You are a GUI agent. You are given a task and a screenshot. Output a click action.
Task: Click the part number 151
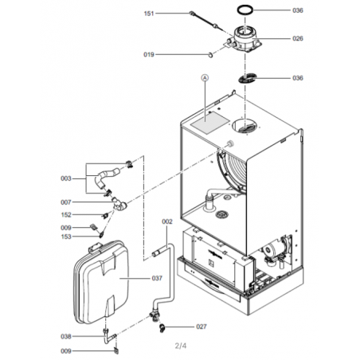[x=149, y=14]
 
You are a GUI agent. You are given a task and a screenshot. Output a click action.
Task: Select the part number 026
[x=298, y=38]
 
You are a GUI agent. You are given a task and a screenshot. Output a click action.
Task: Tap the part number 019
[x=149, y=54]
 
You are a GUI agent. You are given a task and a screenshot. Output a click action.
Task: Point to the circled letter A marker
[x=205, y=78]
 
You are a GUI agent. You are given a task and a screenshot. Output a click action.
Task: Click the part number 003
[x=66, y=178]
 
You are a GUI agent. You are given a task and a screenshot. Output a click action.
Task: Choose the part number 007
[x=66, y=202]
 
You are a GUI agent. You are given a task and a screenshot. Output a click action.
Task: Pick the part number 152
[x=66, y=214]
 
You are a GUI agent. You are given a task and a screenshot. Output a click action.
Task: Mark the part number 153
[x=66, y=237]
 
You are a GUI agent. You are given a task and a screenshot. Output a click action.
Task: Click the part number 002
[x=167, y=221]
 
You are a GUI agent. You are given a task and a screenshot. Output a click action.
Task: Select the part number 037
[x=157, y=278]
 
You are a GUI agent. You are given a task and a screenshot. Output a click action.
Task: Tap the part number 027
[x=202, y=327]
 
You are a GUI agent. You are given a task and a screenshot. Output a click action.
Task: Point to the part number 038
[x=66, y=336]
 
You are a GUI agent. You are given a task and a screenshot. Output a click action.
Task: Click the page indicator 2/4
[x=181, y=346]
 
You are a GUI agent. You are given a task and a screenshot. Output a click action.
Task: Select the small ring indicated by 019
[x=210, y=55]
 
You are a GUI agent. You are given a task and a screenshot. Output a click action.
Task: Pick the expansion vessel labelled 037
[x=101, y=283]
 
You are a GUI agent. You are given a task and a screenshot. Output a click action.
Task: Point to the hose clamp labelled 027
[x=162, y=328]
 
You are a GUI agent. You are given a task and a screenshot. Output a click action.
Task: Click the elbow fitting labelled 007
[x=120, y=205]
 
